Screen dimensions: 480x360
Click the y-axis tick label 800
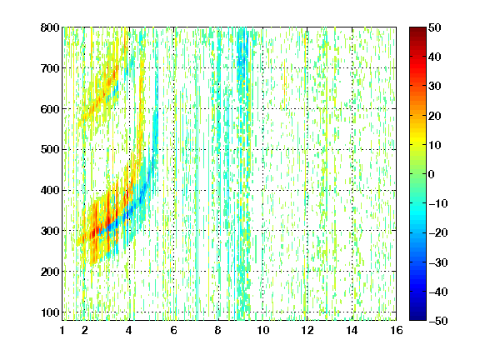50,27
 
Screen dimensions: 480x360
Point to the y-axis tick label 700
50,68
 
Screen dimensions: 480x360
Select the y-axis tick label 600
50,109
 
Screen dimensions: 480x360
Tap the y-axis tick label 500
50,150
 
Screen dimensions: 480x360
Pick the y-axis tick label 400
50,190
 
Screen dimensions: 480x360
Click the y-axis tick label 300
50,231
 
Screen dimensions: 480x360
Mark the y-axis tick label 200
50,272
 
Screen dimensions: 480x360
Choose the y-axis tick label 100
50,312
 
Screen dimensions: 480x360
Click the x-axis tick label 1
62,330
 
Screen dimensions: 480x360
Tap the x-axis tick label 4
129,330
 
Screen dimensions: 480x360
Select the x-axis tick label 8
217,330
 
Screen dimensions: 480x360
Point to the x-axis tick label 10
262,330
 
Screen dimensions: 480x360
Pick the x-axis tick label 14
352,330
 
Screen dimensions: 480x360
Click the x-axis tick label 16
397,330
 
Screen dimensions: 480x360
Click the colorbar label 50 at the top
434,27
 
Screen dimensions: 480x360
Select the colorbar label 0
432,174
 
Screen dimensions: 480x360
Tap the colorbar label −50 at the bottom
438,321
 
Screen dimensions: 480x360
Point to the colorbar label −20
438,233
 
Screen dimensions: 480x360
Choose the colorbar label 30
434,87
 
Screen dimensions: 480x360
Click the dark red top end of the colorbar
417,29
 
